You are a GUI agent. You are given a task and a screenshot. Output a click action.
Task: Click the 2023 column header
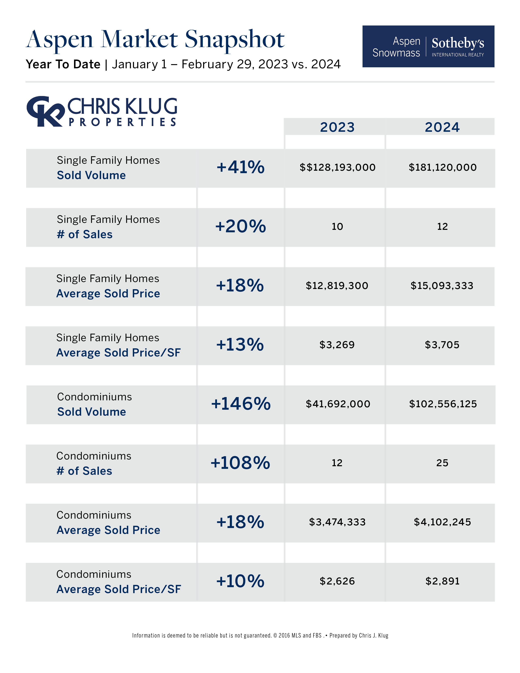tap(337, 127)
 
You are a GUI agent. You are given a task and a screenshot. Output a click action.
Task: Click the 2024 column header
tap(442, 127)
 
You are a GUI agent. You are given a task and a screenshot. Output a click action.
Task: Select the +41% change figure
tap(240, 167)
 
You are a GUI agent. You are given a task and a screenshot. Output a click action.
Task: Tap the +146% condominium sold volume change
tap(241, 404)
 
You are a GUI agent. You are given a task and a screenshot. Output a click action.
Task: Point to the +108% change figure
tap(240, 463)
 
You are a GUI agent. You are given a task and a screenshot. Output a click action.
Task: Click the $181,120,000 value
tap(442, 167)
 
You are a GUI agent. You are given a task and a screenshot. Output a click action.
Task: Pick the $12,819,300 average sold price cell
tap(337, 286)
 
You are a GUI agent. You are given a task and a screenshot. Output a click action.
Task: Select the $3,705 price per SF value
tap(442, 345)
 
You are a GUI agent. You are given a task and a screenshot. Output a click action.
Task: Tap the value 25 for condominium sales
tap(442, 463)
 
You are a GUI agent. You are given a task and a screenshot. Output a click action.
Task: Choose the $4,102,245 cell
tap(442, 522)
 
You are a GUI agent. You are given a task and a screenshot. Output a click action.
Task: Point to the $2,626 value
tap(337, 581)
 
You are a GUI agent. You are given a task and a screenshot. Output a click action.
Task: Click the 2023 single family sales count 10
tap(337, 227)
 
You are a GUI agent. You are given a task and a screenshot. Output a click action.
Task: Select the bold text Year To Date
tap(63, 64)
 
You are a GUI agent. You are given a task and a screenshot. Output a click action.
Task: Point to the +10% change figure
tap(240, 581)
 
